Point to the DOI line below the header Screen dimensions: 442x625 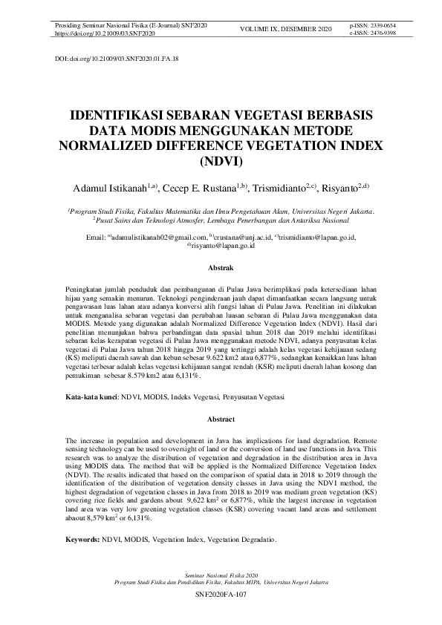pyautogui.click(x=117, y=57)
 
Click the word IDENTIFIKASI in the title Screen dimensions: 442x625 pyautogui.click(x=126, y=117)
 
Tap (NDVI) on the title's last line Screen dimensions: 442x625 pyautogui.click(x=221, y=160)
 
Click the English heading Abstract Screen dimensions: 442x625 pyautogui.click(x=221, y=419)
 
